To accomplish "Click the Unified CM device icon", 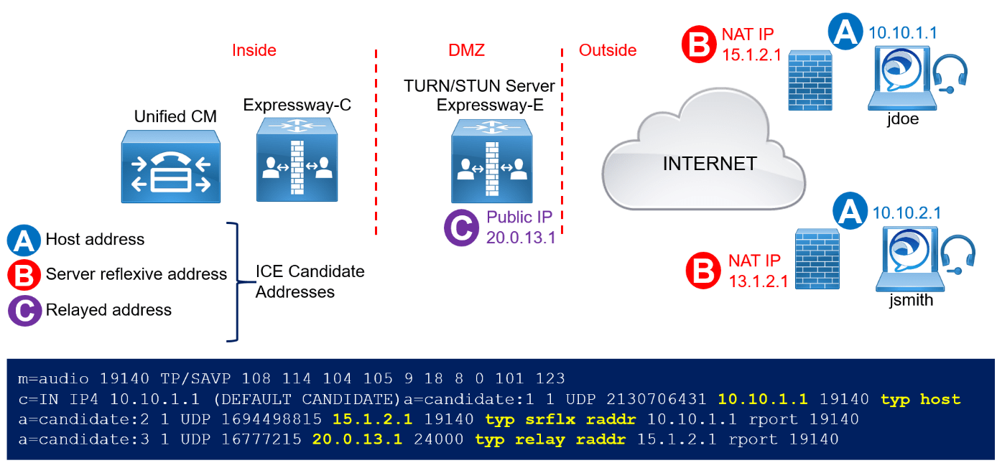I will [170, 166].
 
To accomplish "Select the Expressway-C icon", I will [297, 159].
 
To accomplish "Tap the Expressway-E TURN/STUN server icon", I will [491, 161].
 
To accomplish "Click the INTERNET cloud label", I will [709, 164].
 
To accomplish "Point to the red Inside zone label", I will [254, 50].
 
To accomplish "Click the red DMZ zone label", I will [466, 50].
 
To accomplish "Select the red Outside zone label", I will [608, 50].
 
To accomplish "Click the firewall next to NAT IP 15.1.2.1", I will [810, 80].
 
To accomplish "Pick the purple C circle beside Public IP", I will [461, 228].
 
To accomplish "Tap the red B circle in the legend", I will [24, 275].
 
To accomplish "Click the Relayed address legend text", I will [108, 310].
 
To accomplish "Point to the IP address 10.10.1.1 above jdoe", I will [903, 32].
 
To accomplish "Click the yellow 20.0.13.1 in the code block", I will [357, 439].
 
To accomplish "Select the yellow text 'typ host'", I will [921, 399].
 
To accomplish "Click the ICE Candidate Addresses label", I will [310, 282].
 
